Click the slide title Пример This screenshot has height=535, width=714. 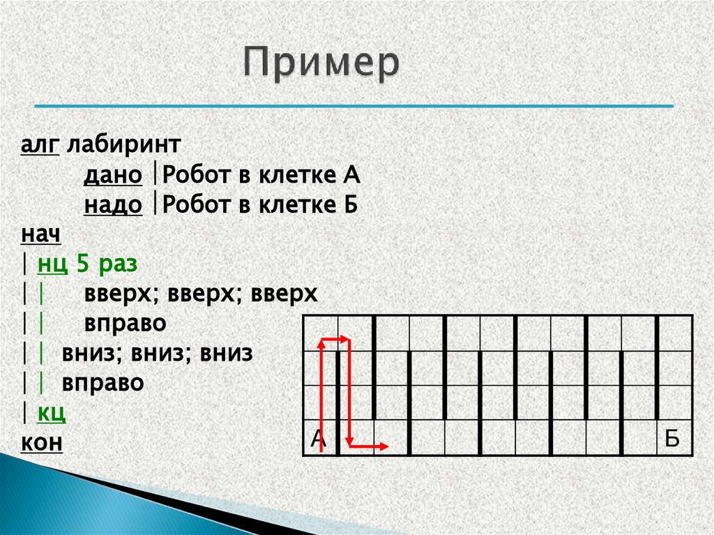322,64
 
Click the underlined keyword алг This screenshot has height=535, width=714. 40,146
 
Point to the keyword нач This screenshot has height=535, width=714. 40,234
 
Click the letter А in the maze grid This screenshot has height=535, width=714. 318,439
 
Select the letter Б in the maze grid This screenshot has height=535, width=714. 671,439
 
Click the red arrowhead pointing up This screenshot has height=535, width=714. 321,342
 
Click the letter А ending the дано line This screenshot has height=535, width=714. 351,175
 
